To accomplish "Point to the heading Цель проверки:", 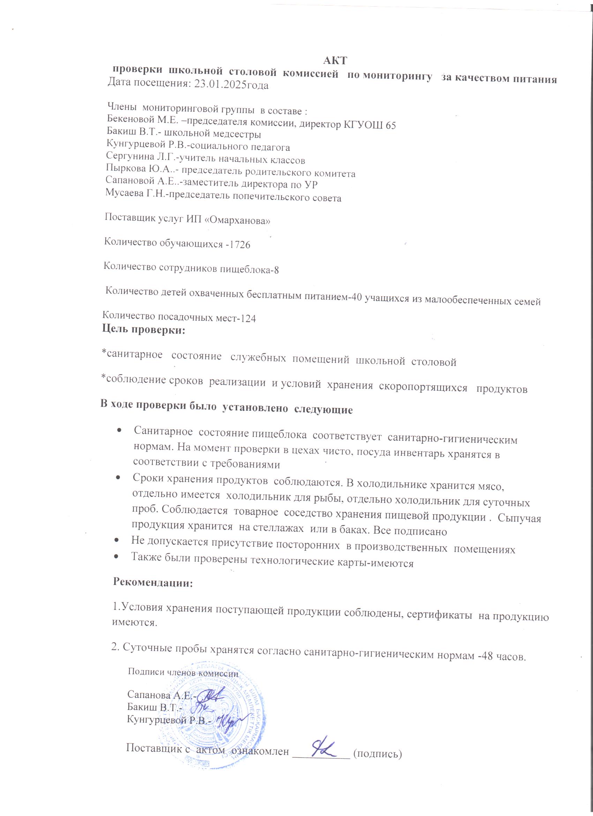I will click(144, 330).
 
